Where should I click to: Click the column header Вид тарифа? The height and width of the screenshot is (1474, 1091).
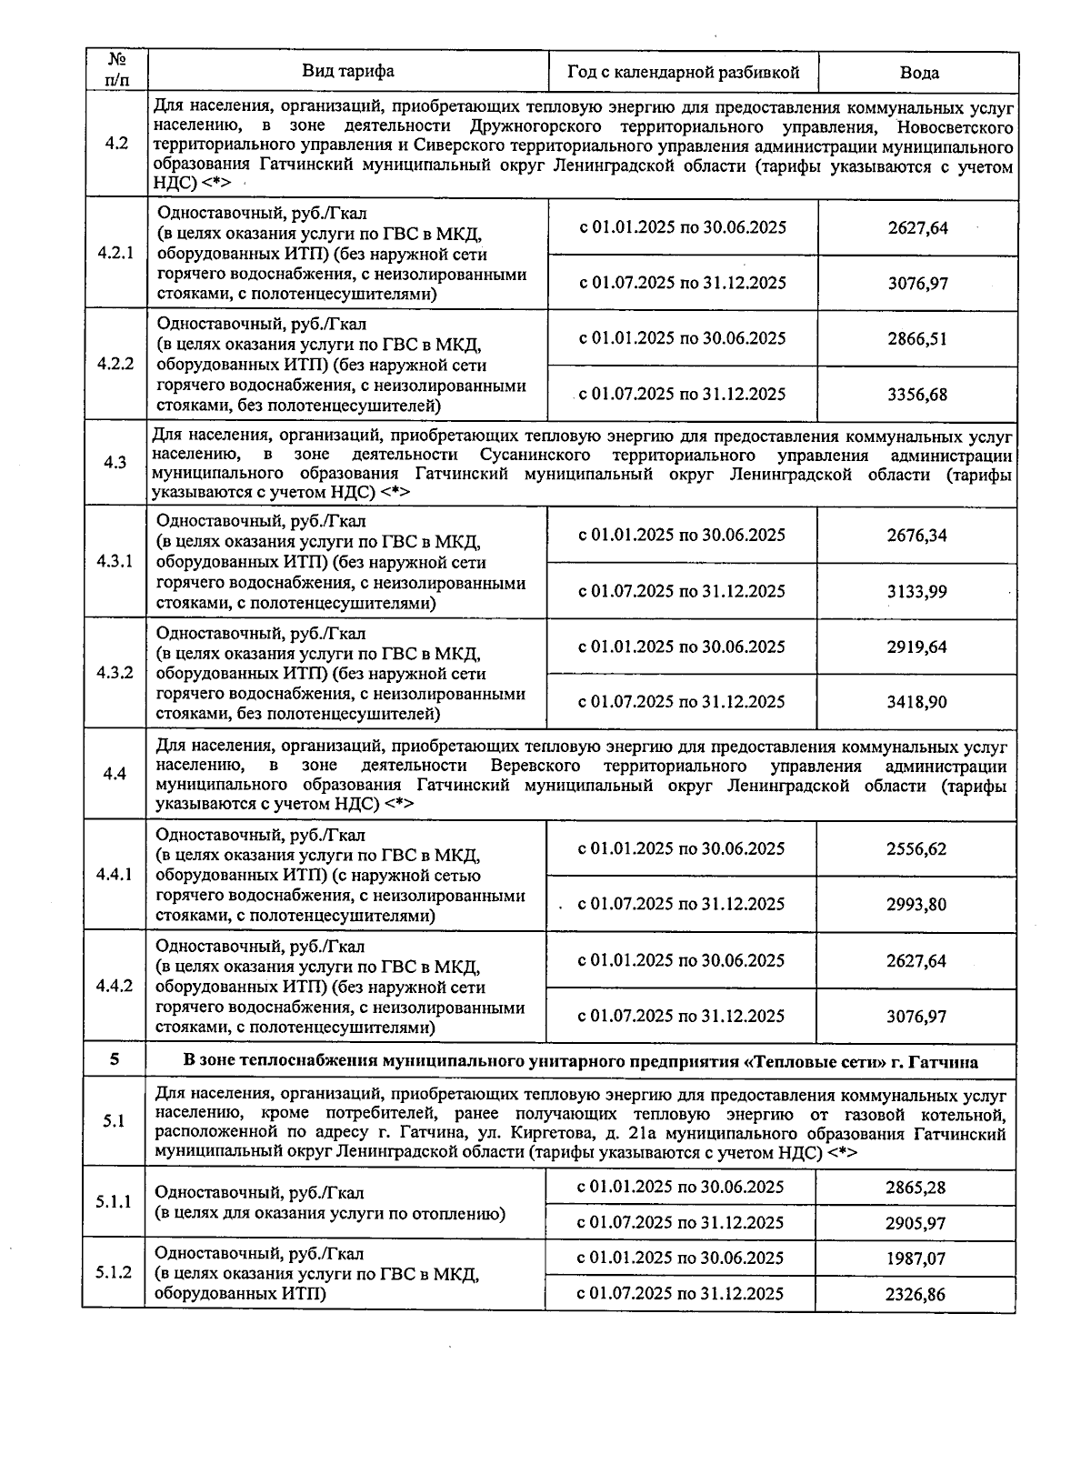click(348, 71)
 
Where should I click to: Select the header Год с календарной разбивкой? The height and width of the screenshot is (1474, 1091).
click(683, 72)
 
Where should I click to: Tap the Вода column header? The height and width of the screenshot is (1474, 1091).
click(918, 73)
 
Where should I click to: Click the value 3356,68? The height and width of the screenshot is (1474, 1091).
click(917, 395)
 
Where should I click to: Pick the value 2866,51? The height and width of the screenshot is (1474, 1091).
click(917, 339)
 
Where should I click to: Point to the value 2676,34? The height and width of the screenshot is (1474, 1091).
click(916, 536)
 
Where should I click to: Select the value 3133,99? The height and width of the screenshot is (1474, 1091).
click(916, 592)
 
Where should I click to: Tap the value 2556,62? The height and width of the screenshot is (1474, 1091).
click(916, 849)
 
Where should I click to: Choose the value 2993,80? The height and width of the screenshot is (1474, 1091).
click(916, 905)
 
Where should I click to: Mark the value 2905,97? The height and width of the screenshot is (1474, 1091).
click(916, 1224)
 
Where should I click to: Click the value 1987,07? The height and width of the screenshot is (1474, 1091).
click(916, 1258)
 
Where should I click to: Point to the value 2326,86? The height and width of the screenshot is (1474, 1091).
click(916, 1294)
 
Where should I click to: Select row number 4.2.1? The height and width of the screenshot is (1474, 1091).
click(115, 252)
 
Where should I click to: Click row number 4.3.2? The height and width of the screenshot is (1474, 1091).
click(115, 672)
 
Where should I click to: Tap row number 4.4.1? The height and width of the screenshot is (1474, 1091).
click(115, 874)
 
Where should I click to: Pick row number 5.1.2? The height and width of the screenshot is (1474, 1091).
click(114, 1272)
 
